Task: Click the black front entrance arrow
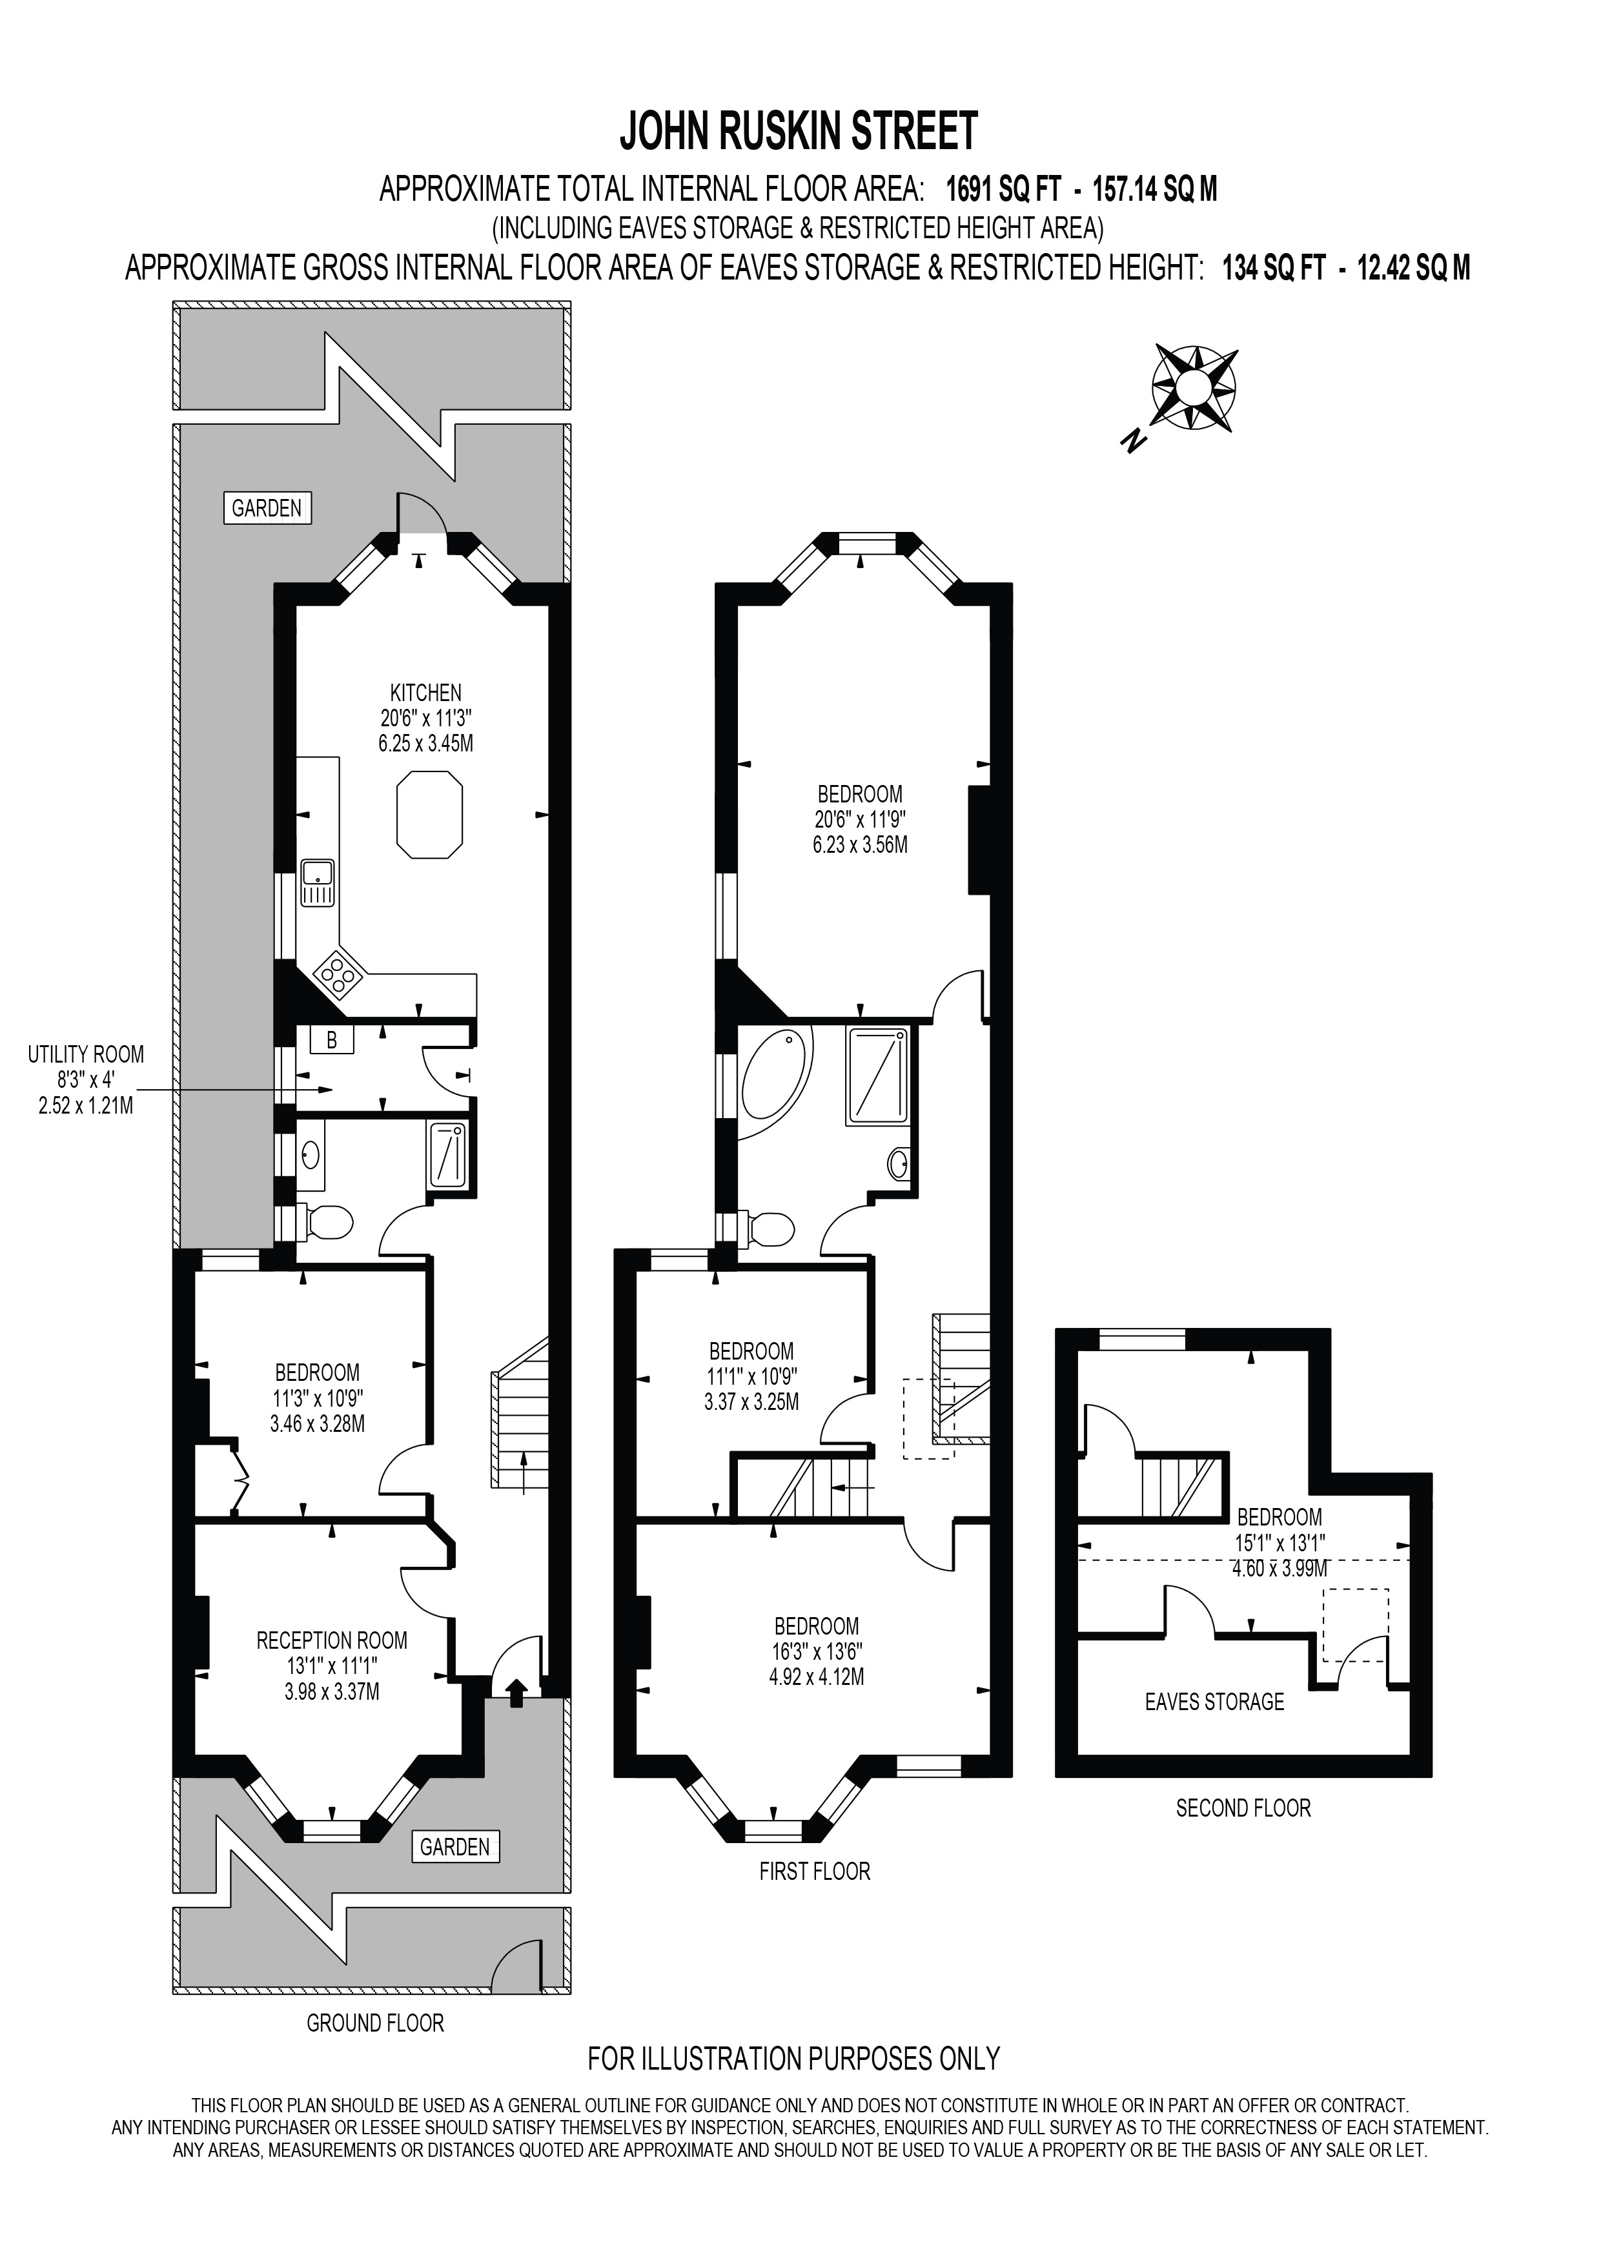(515, 1693)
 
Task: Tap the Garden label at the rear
(266, 509)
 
